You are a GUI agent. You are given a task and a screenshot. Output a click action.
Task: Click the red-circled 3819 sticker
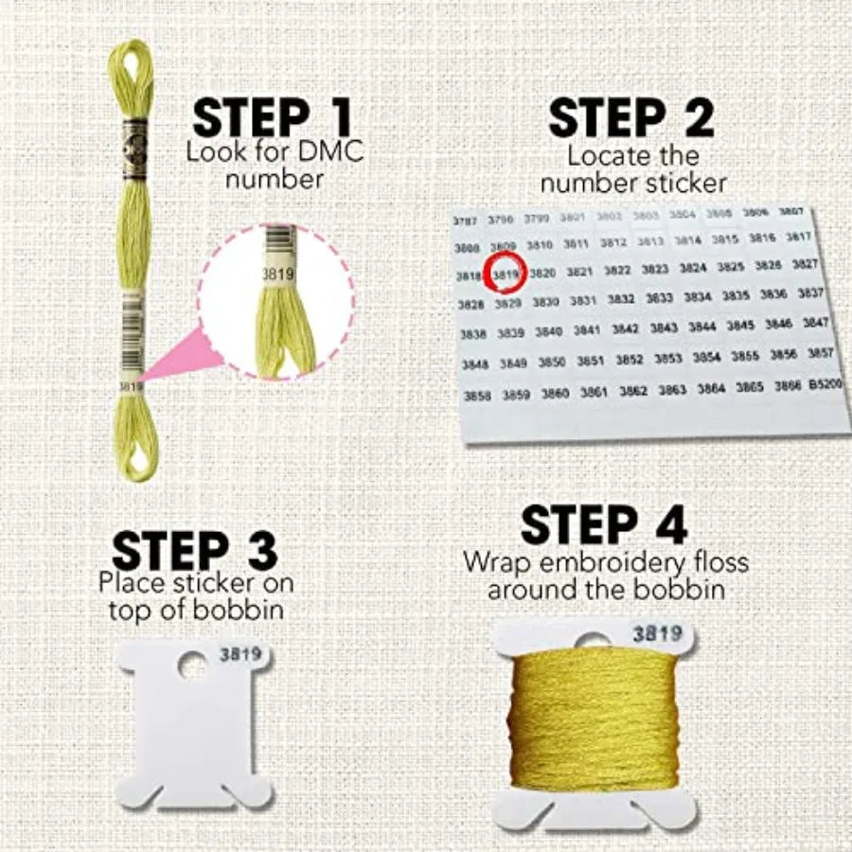click(506, 275)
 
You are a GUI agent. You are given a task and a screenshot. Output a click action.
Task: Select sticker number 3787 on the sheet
click(465, 221)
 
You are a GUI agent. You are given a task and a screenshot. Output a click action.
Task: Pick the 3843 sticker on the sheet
click(664, 328)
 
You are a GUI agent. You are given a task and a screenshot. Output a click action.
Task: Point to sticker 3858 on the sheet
click(477, 397)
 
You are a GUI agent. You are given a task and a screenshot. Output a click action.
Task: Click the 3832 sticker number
click(621, 299)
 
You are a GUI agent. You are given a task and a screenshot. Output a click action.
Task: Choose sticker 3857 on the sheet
click(820, 352)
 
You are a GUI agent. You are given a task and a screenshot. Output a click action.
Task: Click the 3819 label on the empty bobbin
click(241, 653)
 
